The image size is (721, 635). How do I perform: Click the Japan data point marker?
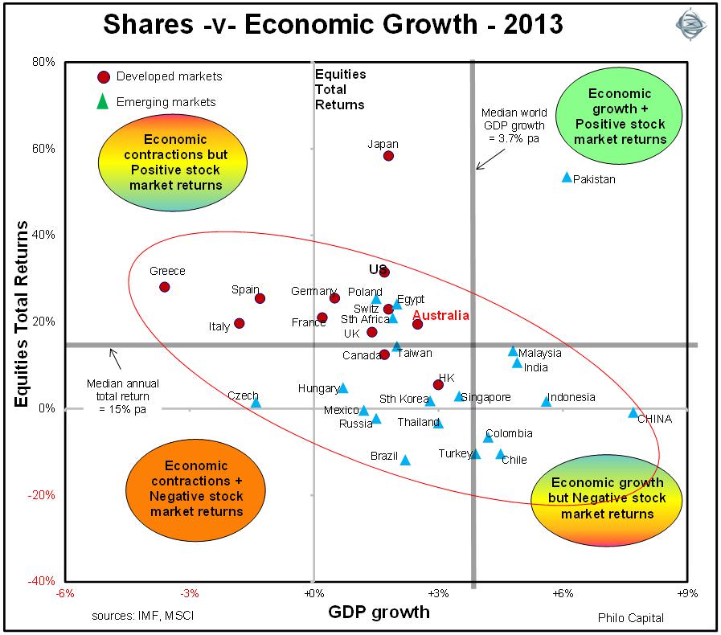(x=388, y=156)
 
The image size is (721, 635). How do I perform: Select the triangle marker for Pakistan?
(x=567, y=177)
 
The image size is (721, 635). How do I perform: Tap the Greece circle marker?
(x=165, y=287)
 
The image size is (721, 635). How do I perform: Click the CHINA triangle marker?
(x=633, y=413)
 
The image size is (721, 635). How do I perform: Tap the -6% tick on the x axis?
(x=65, y=594)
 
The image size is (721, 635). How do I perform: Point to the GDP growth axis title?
(x=379, y=612)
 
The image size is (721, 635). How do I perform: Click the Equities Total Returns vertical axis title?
(x=24, y=314)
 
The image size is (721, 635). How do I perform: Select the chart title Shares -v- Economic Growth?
(x=333, y=24)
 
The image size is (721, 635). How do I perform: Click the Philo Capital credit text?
(x=631, y=617)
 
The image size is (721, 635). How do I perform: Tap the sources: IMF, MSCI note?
(x=142, y=616)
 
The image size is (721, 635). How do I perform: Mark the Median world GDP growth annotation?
(x=514, y=125)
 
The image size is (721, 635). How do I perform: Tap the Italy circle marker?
(x=239, y=324)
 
